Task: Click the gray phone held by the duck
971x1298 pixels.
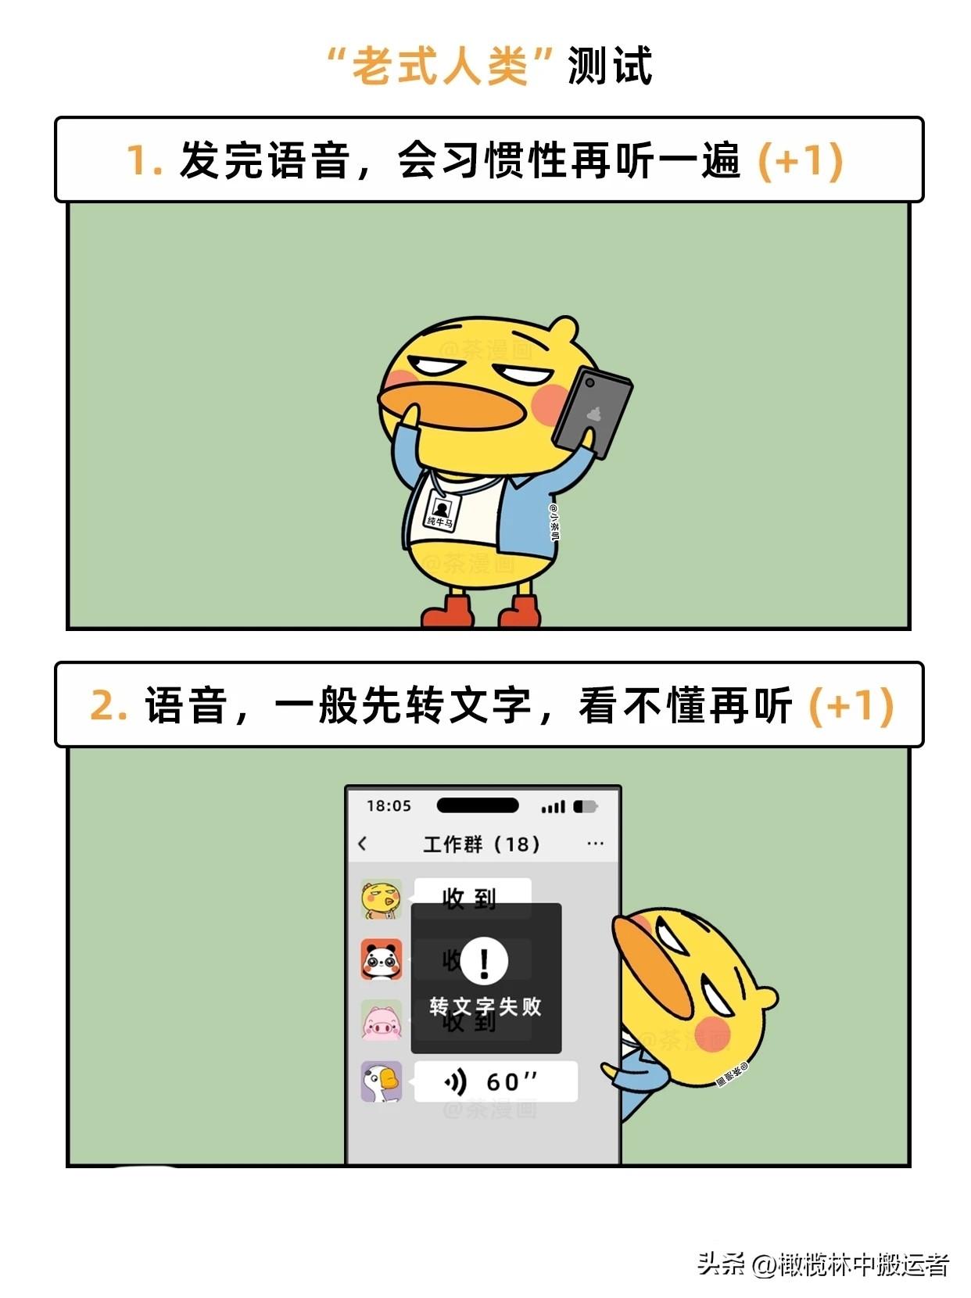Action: tap(592, 411)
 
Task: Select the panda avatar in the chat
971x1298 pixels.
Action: tap(382, 959)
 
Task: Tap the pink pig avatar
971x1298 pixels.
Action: tap(382, 1020)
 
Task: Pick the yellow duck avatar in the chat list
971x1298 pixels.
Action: tap(382, 898)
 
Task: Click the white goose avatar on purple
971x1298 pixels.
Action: tap(382, 1081)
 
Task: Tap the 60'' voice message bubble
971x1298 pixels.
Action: tap(495, 1081)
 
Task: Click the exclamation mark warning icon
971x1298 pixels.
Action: tap(484, 961)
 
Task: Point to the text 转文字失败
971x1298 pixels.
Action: tap(485, 1006)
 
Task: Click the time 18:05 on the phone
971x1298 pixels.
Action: tap(389, 805)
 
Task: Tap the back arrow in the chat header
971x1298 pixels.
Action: tap(362, 844)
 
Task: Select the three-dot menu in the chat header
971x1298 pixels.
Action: tap(595, 844)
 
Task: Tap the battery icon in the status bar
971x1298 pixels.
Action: tap(585, 806)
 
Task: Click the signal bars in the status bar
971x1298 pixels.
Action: tap(554, 806)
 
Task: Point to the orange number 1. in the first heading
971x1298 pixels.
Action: tap(144, 160)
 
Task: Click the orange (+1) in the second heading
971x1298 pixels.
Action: tap(851, 705)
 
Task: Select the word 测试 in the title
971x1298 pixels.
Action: tap(610, 66)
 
